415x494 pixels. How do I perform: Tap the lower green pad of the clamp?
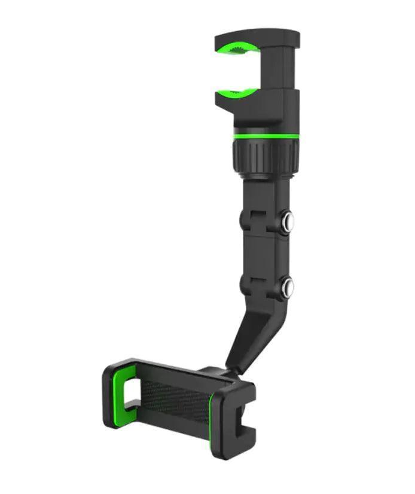[x=237, y=93]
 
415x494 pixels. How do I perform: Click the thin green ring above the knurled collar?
[x=266, y=136]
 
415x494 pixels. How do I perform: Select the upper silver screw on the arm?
[x=288, y=221]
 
